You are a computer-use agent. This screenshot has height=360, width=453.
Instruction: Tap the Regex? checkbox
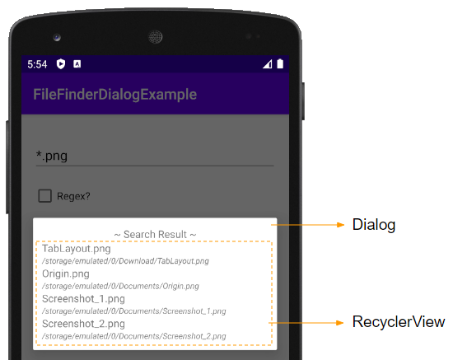click(x=44, y=196)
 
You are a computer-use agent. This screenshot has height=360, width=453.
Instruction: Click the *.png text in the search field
click(x=52, y=156)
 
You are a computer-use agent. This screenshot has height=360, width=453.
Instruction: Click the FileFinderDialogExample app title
click(x=115, y=95)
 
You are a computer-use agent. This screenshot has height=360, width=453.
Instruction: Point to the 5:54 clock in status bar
click(x=37, y=64)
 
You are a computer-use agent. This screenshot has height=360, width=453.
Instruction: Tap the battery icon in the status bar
click(x=280, y=63)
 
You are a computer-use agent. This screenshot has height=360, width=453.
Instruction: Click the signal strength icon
click(x=267, y=64)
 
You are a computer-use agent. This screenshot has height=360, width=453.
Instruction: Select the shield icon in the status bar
click(x=61, y=64)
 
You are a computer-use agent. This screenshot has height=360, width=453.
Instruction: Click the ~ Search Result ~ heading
click(x=155, y=234)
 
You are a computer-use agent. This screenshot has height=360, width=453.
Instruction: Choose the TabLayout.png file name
click(x=77, y=249)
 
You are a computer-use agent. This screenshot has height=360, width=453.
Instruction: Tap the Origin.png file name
click(x=66, y=274)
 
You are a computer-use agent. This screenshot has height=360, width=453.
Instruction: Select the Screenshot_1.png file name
click(x=83, y=299)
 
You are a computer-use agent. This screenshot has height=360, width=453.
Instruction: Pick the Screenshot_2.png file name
click(x=83, y=324)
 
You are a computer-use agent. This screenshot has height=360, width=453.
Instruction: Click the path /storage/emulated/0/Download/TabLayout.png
click(x=125, y=261)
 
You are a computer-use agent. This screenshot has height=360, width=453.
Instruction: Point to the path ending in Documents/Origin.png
click(x=120, y=286)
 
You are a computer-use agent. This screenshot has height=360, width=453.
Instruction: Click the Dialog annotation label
click(x=374, y=225)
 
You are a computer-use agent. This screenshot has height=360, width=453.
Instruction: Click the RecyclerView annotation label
click(x=399, y=321)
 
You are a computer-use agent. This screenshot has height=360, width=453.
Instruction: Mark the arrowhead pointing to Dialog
click(x=341, y=225)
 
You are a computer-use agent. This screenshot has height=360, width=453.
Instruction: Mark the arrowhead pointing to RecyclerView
click(x=340, y=323)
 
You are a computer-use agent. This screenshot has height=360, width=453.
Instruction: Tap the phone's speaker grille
click(x=156, y=37)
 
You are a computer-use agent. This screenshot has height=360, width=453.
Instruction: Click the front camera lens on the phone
click(x=57, y=37)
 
